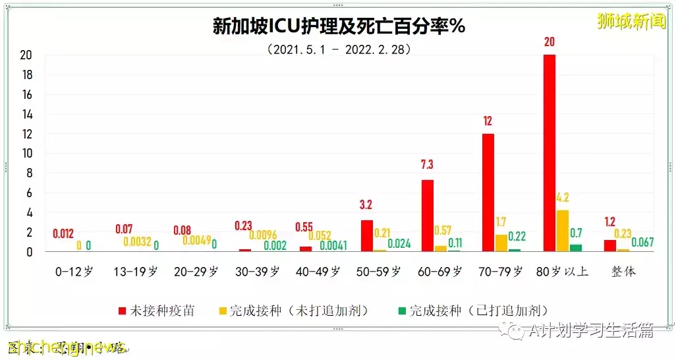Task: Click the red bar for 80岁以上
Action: (x=549, y=153)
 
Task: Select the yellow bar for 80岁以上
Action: (x=562, y=231)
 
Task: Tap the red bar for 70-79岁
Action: (x=488, y=193)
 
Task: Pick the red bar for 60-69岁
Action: (x=428, y=216)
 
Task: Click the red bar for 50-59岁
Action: (x=367, y=236)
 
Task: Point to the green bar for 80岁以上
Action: (x=576, y=248)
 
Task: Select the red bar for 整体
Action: (x=610, y=246)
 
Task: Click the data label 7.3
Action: (x=427, y=165)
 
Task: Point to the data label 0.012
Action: (x=63, y=234)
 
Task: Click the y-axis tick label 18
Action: (x=26, y=75)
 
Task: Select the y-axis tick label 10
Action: (x=26, y=154)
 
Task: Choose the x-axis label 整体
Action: (x=623, y=272)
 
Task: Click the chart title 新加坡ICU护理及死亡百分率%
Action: (x=339, y=26)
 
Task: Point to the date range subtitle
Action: (x=339, y=49)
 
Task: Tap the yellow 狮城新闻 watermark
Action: (x=631, y=21)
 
